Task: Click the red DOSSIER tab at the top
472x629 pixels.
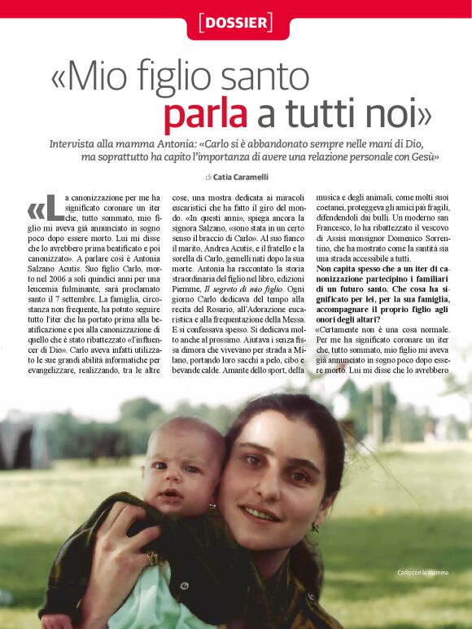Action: pyautogui.click(x=236, y=22)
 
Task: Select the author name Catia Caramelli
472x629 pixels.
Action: pyautogui.click(x=239, y=176)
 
